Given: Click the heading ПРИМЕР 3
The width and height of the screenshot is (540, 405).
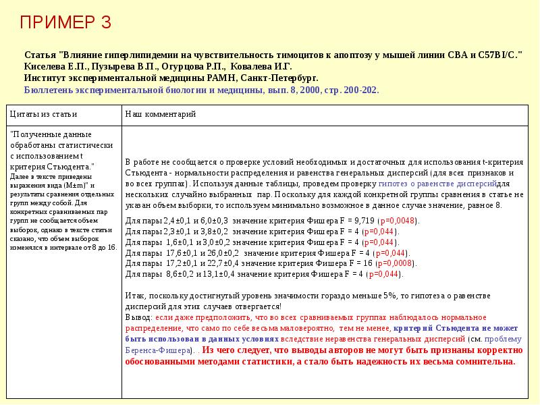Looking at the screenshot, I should pyautogui.click(x=65, y=23).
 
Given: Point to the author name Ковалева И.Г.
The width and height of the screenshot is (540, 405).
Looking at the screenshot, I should pyautogui.click(x=261, y=66).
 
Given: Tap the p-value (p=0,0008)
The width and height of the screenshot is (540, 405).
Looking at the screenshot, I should pyautogui.click(x=393, y=263).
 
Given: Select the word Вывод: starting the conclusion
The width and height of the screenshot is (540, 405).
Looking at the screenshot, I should pyautogui.click(x=140, y=317).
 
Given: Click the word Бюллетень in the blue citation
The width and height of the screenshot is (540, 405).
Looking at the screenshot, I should pyautogui.click(x=47, y=89).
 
